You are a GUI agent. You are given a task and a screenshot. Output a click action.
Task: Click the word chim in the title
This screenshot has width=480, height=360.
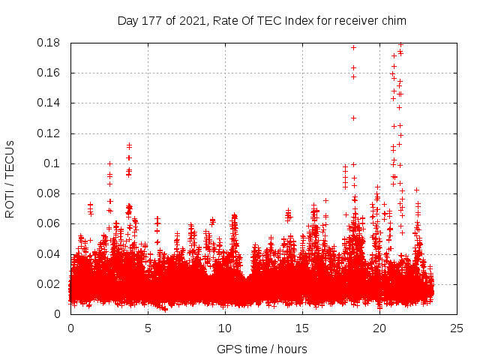[350, 20]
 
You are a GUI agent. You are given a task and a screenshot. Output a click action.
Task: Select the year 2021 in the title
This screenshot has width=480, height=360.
[190, 20]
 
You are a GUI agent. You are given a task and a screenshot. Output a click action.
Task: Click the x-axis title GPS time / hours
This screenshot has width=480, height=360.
[262, 349]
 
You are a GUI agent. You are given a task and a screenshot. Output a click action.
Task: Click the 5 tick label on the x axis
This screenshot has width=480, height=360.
[148, 328]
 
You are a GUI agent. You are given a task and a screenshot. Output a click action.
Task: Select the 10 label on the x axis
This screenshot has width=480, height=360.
[225, 328]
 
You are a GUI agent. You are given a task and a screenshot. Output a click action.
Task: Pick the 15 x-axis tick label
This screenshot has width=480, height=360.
[302, 328]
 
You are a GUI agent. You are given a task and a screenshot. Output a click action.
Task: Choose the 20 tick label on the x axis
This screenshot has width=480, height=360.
[379, 328]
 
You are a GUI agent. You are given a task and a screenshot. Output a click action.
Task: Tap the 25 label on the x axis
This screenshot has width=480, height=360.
[457, 328]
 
